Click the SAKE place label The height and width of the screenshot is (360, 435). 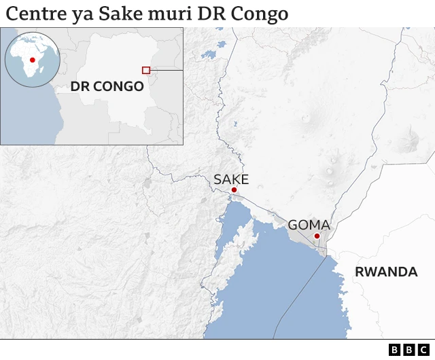coord(231,179)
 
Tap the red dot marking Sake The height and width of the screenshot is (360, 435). coord(234,190)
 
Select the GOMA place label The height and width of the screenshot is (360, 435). coord(309,225)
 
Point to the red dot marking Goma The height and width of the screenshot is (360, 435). coord(317,236)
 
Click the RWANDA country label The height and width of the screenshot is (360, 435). coord(386,272)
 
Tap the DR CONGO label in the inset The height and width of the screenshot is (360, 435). coord(107,86)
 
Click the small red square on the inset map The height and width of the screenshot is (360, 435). coord(145,70)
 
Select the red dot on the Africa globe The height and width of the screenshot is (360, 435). coord(31,60)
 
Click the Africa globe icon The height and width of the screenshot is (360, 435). coord(32,60)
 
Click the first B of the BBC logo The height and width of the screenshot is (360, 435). coord(395,350)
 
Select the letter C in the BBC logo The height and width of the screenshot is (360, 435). coord(422,350)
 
